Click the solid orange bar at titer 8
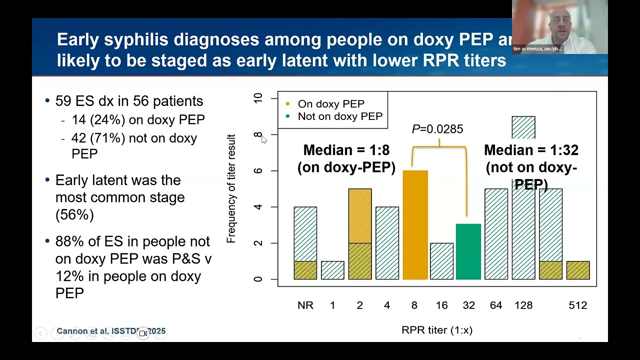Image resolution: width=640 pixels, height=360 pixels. click(415, 225)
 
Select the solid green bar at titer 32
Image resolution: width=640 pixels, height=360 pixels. click(468, 252)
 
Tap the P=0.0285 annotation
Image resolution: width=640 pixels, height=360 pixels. click(437, 129)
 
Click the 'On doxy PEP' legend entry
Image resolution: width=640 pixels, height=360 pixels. click(330, 104)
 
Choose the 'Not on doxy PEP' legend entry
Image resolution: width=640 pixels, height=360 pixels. click(339, 116)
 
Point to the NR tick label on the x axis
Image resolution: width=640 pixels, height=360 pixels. click(305, 305)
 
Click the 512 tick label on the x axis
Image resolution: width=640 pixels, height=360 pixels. click(577, 305)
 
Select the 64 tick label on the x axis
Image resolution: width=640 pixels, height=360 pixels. click(495, 305)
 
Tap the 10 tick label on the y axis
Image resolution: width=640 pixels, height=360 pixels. click(258, 98)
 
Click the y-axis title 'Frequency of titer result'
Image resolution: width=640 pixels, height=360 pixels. click(231, 188)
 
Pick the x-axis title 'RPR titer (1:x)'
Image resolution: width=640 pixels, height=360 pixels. click(436, 330)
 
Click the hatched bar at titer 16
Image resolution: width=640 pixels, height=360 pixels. click(441, 261)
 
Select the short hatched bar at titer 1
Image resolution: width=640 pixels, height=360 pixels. click(332, 270)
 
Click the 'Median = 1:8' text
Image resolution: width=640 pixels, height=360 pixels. click(346, 150)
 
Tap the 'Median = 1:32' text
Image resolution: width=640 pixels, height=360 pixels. click(531, 150)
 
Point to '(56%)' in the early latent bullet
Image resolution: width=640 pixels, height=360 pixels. click(74, 214)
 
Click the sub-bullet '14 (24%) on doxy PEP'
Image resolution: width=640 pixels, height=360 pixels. click(138, 120)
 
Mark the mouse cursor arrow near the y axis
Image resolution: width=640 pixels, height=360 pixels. click(263, 139)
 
